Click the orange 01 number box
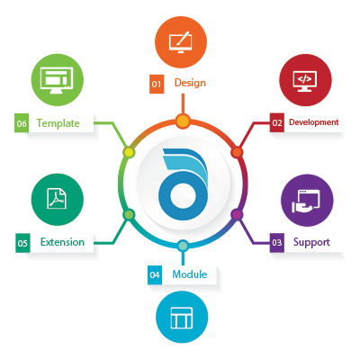tap(157, 84)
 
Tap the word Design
tap(190, 83)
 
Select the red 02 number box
tap(277, 122)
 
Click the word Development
tap(314, 122)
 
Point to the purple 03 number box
tap(277, 242)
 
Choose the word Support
tap(311, 242)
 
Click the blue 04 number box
tap(155, 274)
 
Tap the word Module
tap(190, 274)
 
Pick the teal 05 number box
tap(22, 243)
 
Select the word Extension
tap(62, 242)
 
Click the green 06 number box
tap(22, 123)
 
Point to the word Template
tap(58, 123)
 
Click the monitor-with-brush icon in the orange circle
tap(181, 42)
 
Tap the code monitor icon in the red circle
tap(305, 81)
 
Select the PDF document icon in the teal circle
tap(57, 199)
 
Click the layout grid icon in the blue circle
tap(182, 318)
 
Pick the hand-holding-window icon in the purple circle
tap(306, 201)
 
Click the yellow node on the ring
tap(129, 152)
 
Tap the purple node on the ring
tap(237, 214)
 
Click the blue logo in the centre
tap(183, 184)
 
